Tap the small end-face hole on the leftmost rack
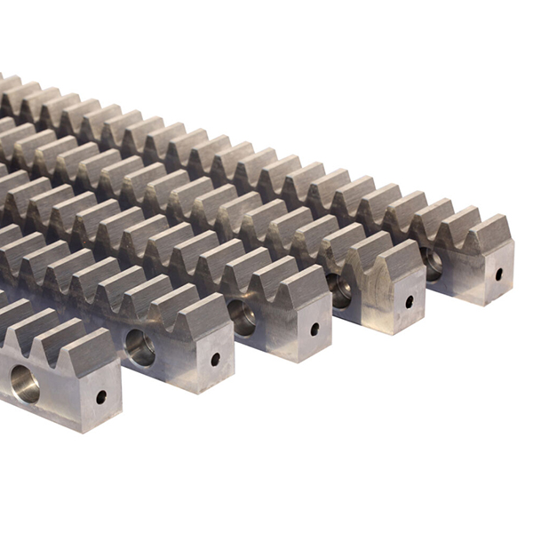(x=101, y=397)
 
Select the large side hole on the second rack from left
(x=139, y=346)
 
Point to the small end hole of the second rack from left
(x=215, y=360)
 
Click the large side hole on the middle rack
(x=241, y=315)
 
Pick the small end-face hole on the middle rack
(x=314, y=329)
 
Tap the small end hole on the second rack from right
(x=410, y=301)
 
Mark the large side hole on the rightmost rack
(x=432, y=262)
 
